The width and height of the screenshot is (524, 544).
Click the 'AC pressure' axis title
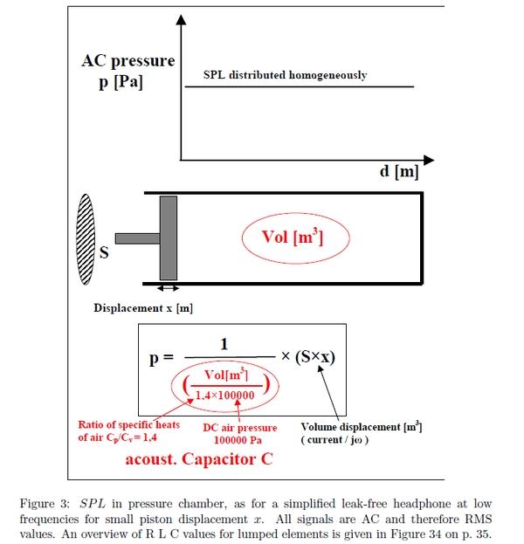pos(128,61)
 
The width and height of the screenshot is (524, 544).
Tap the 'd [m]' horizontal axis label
pos(399,171)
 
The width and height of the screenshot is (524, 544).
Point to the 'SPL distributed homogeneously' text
pos(285,75)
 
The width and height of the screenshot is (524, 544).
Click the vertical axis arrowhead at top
pos(181,20)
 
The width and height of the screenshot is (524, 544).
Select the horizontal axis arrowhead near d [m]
pos(429,160)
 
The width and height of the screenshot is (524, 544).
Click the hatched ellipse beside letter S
pos(86,239)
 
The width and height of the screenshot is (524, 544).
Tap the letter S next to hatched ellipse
pos(104,252)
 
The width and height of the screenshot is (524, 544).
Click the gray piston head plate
pos(169,238)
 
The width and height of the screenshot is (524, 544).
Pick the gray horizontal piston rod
pos(137,238)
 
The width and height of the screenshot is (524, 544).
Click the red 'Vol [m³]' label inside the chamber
pos(293,238)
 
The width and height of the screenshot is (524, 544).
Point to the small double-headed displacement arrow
pos(168,288)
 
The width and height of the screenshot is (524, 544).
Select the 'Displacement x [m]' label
pos(143,308)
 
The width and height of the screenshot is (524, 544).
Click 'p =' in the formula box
pos(162,358)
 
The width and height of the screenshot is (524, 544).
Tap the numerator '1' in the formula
pos(224,344)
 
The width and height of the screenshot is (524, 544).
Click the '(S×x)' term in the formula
pos(315,356)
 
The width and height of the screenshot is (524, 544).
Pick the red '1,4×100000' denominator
pos(224,396)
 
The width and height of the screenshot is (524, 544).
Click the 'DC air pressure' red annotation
pos(240,428)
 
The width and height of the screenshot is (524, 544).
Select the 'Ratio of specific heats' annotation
pos(128,424)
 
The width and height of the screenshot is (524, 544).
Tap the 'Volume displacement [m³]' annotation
pos(362,427)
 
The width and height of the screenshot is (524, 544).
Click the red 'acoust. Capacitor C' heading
pos(199,459)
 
